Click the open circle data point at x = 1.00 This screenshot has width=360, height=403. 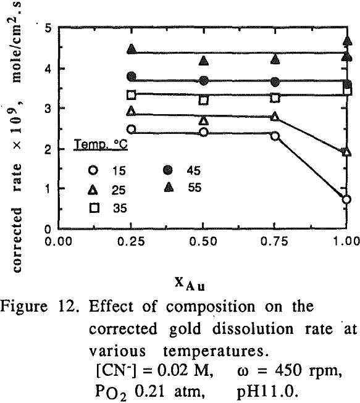coord(346,199)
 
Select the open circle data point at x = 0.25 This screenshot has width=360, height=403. coord(131,129)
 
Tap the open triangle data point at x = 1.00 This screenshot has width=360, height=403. coord(346,152)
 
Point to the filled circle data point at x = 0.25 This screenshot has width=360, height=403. coord(131,77)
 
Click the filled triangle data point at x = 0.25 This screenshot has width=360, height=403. coord(131,49)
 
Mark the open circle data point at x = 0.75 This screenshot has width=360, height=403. coord(275,136)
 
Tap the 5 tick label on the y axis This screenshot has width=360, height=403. coord(48,28)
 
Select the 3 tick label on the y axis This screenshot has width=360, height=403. coord(48,109)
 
